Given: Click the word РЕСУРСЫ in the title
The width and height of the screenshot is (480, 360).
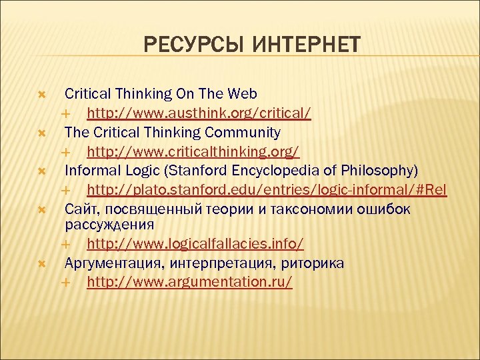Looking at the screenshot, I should pos(183,45).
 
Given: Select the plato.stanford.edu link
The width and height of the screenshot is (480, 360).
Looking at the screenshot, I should pos(267,190).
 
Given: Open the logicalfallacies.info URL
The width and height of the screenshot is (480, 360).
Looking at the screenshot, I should pos(195,245).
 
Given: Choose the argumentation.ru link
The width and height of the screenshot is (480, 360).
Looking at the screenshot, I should pos(189,281).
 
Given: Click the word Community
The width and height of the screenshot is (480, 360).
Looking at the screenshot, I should pos(246,132).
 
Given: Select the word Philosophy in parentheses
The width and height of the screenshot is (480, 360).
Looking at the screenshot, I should pos(383,171).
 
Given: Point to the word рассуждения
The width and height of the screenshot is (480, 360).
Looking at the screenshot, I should pos(109,224).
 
